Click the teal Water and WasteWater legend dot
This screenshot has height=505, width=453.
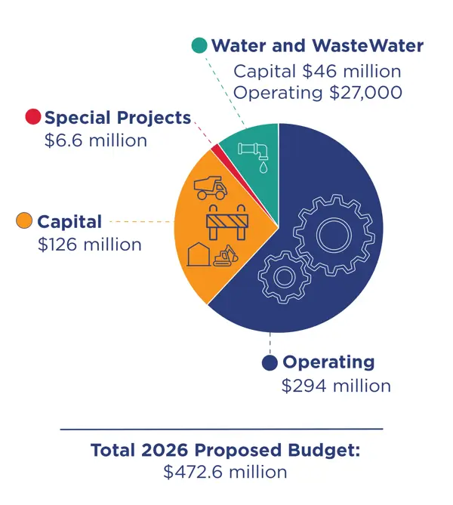tap(199, 45)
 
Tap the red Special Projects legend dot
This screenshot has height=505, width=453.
tap(32, 117)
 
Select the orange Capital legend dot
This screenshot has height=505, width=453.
tap(25, 221)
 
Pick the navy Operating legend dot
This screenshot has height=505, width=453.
tap(269, 363)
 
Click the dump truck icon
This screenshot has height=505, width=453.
tap(211, 187)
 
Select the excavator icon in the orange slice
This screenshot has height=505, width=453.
tap(225, 256)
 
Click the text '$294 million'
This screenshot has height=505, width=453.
tap(336, 386)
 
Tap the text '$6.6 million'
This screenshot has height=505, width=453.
tap(96, 140)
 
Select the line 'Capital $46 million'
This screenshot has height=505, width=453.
tap(316, 72)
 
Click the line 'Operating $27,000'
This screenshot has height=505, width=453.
tap(316, 93)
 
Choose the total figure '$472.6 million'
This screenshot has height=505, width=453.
tap(225, 473)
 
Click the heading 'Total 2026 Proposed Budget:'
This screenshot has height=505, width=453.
tap(226, 451)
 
